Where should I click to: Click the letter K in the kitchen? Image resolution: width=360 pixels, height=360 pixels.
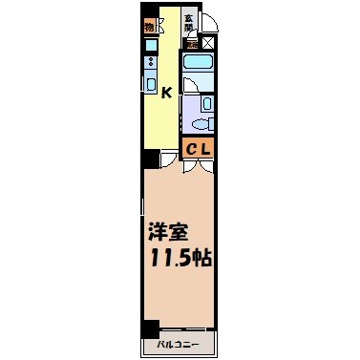166,93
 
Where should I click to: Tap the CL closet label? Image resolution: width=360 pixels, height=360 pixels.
199,148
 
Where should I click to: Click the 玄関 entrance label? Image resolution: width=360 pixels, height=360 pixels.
190,22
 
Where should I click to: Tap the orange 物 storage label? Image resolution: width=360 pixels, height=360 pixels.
150,26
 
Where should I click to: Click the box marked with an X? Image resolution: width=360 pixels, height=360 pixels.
209,43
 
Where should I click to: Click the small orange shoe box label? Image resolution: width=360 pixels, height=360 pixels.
192,43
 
